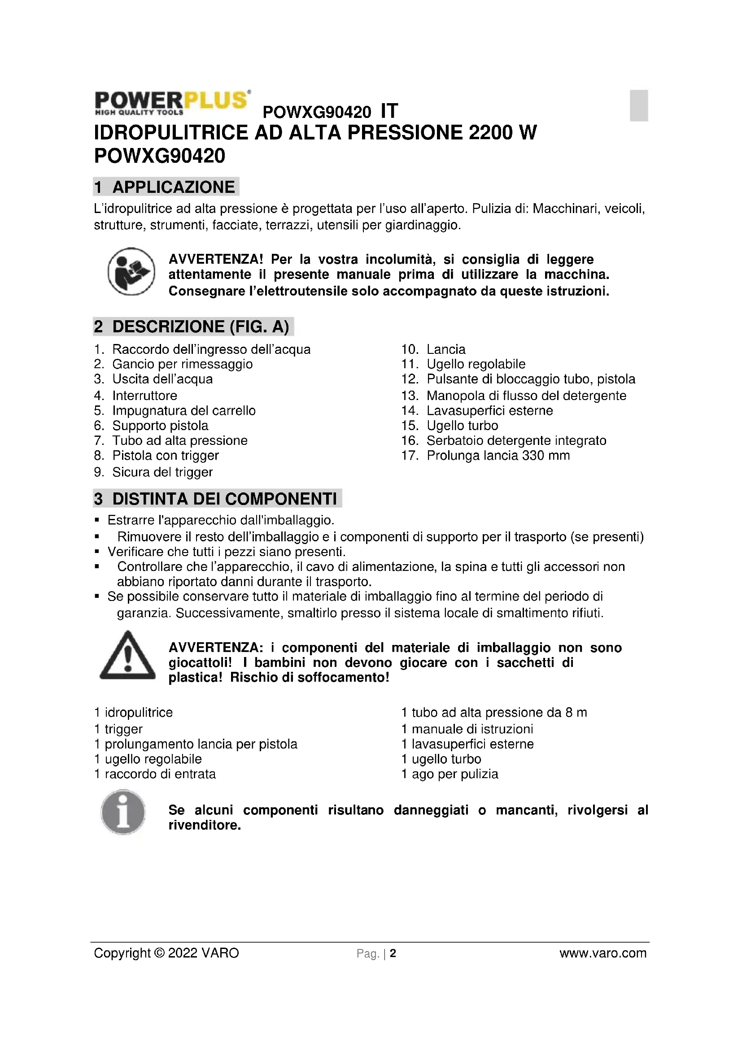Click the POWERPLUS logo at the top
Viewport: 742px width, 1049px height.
click(172, 102)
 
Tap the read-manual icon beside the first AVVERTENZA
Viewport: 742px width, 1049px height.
click(131, 271)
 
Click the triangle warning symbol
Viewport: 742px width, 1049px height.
click(127, 656)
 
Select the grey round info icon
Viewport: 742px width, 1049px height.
click(123, 812)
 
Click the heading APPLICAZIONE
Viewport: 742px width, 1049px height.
click(173, 187)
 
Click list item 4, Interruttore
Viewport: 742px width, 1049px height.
click(144, 396)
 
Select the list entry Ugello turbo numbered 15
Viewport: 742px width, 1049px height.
click(462, 426)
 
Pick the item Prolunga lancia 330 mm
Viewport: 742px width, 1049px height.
click(498, 456)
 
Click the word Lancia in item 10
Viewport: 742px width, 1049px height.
click(446, 349)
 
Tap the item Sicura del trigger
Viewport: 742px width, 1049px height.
click(162, 472)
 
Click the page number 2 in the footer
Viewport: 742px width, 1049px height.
click(393, 953)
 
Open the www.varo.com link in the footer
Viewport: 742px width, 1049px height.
click(602, 953)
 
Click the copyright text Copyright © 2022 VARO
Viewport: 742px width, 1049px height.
click(166, 953)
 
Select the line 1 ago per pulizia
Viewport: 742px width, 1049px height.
click(450, 774)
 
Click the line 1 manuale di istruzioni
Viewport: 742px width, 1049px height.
click(467, 729)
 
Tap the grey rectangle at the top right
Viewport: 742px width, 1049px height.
click(638, 105)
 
